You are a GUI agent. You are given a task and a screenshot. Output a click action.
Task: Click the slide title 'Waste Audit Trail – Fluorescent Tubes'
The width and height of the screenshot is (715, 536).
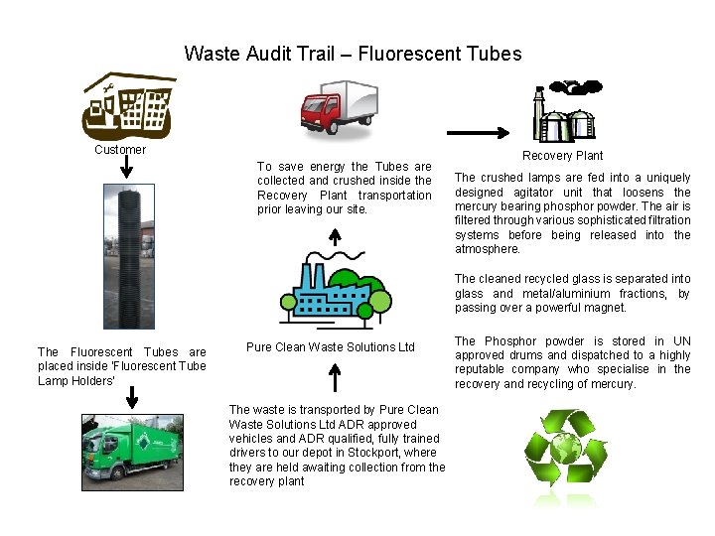[x=353, y=54]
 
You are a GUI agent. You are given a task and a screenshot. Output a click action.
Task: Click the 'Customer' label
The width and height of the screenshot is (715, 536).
[x=120, y=150]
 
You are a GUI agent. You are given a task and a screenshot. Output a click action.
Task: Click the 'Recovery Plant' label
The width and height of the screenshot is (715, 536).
[x=562, y=155]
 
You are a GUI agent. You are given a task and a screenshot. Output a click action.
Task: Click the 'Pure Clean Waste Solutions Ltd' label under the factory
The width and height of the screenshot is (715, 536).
[x=330, y=347]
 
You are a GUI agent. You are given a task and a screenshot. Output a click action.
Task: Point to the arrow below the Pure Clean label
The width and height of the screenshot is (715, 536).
[x=335, y=378]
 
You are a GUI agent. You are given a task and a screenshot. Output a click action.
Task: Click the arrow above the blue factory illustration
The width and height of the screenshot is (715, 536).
[x=335, y=237]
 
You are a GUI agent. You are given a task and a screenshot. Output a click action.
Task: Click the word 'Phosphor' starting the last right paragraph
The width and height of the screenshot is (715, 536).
[x=508, y=341]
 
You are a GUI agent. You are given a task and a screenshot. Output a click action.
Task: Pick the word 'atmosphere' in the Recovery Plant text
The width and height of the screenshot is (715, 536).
[x=485, y=250]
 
